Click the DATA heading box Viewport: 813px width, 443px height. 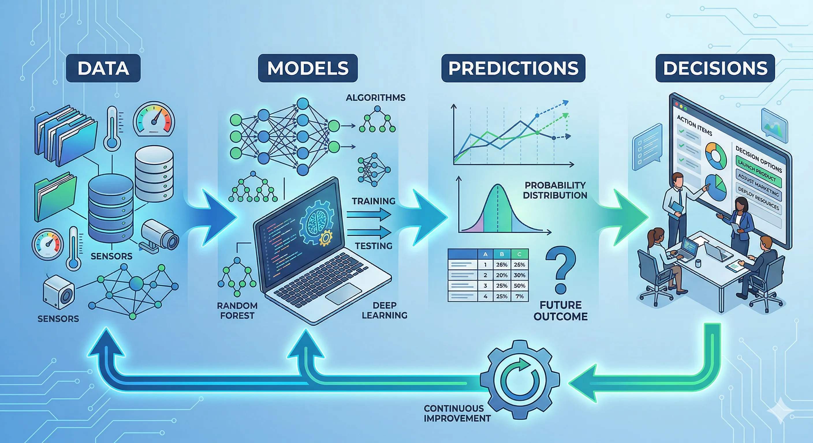pos(103,68)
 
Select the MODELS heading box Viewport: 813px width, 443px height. pos(308,68)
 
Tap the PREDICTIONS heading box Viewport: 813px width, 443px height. pos(513,68)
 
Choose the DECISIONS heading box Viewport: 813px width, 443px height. pos(715,68)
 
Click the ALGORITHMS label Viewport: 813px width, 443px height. pos(375,98)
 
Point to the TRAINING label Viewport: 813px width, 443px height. pos(373,201)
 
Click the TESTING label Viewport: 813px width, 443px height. pos(374,246)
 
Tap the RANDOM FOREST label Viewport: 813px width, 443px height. pos(237,311)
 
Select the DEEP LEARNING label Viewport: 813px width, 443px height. pos(384,310)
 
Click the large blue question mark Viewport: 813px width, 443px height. pos(560,270)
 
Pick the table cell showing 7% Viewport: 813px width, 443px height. pos(519,296)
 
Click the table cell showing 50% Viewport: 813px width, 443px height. pos(519,286)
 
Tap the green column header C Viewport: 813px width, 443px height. pos(519,254)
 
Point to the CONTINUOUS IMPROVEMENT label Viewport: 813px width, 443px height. pos(457,413)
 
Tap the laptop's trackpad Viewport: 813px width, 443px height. pos(343,294)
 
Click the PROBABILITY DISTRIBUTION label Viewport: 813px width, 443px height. pos(555,190)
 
